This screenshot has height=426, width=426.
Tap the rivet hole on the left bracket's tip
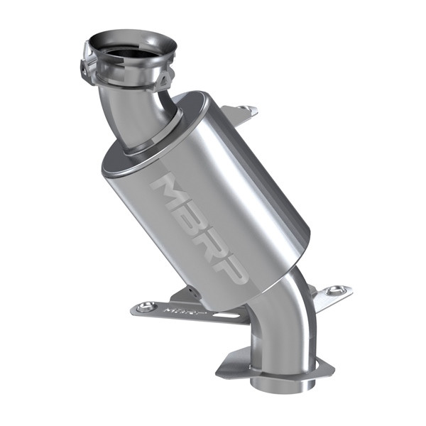point(146,307)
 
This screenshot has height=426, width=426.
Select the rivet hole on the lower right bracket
point(337,290)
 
